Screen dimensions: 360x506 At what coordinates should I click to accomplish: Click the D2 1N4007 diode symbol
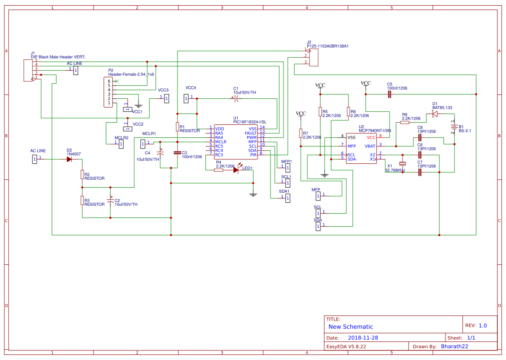pyautogui.click(x=69, y=159)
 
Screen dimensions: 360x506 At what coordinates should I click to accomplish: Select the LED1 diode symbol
pyautogui.click(x=236, y=170)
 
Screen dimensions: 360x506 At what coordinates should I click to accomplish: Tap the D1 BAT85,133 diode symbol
pyautogui.click(x=435, y=114)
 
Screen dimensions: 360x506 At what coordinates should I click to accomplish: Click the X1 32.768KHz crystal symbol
pyautogui.click(x=403, y=163)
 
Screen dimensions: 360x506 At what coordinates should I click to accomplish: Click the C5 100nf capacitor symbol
pyautogui.click(x=389, y=94)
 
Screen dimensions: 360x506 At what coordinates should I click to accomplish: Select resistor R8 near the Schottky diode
pyautogui.click(x=405, y=123)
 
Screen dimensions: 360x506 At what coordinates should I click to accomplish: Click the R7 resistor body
pyautogui.click(x=300, y=133)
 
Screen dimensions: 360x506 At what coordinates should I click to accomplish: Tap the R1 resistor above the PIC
pyautogui.click(x=177, y=126)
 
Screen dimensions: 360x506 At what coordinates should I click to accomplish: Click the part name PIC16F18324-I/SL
pyautogui.click(x=250, y=122)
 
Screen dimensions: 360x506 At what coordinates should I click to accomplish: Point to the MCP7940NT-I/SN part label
pyautogui.click(x=374, y=130)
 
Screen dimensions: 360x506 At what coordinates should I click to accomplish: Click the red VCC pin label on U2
pyautogui.click(x=371, y=137)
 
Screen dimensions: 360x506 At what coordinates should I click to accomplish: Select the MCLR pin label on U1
pyautogui.click(x=220, y=142)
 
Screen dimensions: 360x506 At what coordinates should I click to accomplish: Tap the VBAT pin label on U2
pyautogui.click(x=370, y=146)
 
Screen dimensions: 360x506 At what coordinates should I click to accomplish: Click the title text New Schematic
pyautogui.click(x=351, y=327)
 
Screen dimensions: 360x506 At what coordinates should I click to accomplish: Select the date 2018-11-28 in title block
pyautogui.click(x=363, y=338)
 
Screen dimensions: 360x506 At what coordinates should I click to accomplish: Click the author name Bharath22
pyautogui.click(x=454, y=347)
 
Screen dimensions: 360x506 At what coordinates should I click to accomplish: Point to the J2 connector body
pyautogui.click(x=313, y=57)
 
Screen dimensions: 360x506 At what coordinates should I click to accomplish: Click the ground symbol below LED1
pyautogui.click(x=253, y=195)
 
